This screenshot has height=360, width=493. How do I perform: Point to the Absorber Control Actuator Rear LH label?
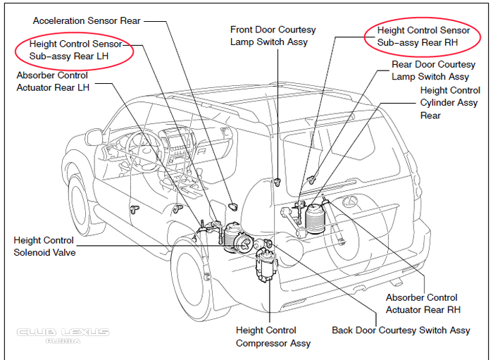pyautogui.click(x=52, y=81)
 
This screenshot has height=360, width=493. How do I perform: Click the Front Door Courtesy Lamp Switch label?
pyautogui.click(x=273, y=36)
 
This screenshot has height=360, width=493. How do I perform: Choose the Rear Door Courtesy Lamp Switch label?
pyautogui.click(x=429, y=70)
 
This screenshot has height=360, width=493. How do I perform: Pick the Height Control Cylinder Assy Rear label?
pyautogui.click(x=449, y=103)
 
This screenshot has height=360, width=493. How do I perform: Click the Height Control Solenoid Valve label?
pyautogui.click(x=44, y=247)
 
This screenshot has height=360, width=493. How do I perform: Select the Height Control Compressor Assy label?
pyautogui.click(x=266, y=337)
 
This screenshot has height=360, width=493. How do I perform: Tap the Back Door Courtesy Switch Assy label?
pyautogui.click(x=401, y=330)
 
